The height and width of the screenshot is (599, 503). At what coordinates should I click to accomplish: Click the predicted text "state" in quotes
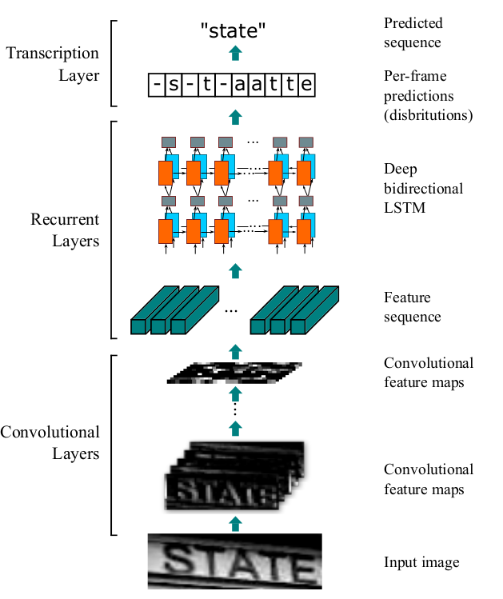click(x=234, y=30)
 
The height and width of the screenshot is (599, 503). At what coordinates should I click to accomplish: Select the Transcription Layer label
click(x=52, y=65)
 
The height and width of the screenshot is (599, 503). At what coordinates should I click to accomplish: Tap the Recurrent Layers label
click(x=65, y=230)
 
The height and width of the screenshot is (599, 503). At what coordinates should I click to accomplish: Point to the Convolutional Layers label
click(x=50, y=443)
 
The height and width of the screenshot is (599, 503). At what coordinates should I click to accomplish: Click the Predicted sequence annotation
click(x=413, y=33)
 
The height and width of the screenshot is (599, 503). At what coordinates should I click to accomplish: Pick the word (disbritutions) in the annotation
click(x=429, y=114)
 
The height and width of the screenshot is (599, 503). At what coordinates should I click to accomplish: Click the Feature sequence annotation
click(x=412, y=307)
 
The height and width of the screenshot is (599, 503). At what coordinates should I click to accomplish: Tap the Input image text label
click(x=421, y=562)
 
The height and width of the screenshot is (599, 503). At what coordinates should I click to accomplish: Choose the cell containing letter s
click(x=175, y=85)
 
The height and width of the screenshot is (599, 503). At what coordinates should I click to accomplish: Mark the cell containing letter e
click(x=307, y=85)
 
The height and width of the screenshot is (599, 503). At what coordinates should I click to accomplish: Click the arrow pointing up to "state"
click(x=234, y=54)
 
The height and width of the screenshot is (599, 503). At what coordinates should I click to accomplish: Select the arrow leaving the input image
click(x=234, y=524)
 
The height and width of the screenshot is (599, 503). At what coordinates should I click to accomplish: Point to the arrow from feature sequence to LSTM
click(x=234, y=270)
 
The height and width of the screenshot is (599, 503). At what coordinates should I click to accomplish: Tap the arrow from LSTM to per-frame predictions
click(x=234, y=117)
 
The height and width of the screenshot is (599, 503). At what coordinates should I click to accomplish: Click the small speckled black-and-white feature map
click(x=234, y=373)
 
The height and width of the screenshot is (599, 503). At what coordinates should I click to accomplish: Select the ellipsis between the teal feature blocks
click(x=231, y=310)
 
